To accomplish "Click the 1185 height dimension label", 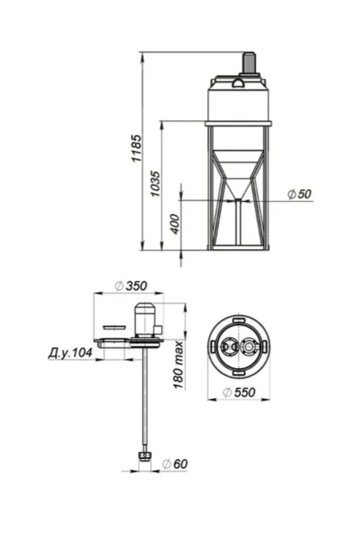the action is (136, 148).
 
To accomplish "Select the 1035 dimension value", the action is (155, 183).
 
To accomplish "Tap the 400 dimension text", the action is (175, 224).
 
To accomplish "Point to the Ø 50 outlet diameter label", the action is (299, 194).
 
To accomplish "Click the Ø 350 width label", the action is (131, 286).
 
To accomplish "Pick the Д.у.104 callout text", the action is (70, 352).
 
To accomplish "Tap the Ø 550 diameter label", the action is (239, 392).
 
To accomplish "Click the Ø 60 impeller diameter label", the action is (175, 464).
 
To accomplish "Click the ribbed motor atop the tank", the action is (249, 63).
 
